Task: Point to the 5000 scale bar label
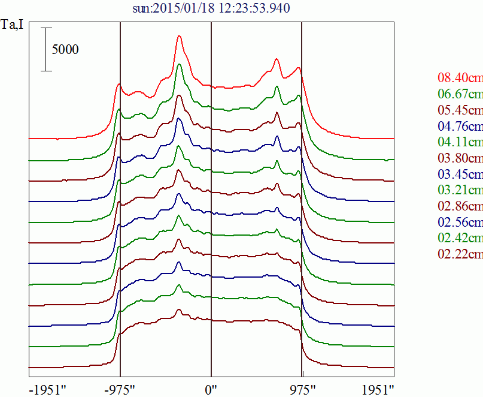[x=65, y=49]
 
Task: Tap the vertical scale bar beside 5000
[x=47, y=49]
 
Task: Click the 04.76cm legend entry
[x=460, y=126]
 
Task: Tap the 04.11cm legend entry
[x=460, y=142]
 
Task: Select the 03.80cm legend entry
[x=460, y=158]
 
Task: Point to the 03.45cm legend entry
[x=460, y=175]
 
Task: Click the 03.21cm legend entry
[x=460, y=191]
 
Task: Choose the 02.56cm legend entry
[x=460, y=222]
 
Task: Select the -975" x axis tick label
[x=120, y=389]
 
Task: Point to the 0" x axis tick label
[x=211, y=389]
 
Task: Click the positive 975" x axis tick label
[x=302, y=389]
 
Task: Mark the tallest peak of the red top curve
[x=179, y=37]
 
